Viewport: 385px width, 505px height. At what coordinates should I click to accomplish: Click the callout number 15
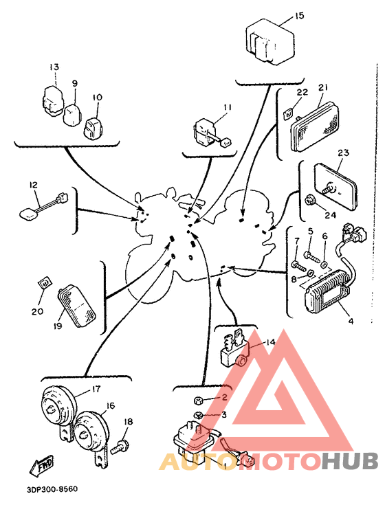tap(299, 15)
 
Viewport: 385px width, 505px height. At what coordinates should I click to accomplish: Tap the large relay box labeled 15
tap(270, 41)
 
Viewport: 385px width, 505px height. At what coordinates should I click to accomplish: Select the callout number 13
tap(54, 67)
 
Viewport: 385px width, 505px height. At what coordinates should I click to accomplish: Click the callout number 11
tap(228, 107)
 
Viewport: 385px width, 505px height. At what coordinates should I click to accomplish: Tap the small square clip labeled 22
tap(287, 113)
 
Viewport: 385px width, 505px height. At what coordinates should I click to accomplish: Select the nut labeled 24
tap(310, 201)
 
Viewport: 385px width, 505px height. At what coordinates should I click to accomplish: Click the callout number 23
tap(342, 153)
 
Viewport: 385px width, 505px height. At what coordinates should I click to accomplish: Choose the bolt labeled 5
tap(311, 256)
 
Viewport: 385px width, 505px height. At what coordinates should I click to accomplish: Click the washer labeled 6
tap(324, 265)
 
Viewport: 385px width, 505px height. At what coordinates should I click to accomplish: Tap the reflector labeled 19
tap(77, 306)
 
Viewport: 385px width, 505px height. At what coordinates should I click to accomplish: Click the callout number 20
tap(37, 311)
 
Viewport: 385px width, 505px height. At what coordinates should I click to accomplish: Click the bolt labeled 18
tap(120, 447)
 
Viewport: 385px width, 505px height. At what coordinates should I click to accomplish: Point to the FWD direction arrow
tap(41, 465)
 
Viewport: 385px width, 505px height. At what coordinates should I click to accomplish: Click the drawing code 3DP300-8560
tap(52, 489)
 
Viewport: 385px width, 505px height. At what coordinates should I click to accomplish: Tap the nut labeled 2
tap(197, 401)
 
